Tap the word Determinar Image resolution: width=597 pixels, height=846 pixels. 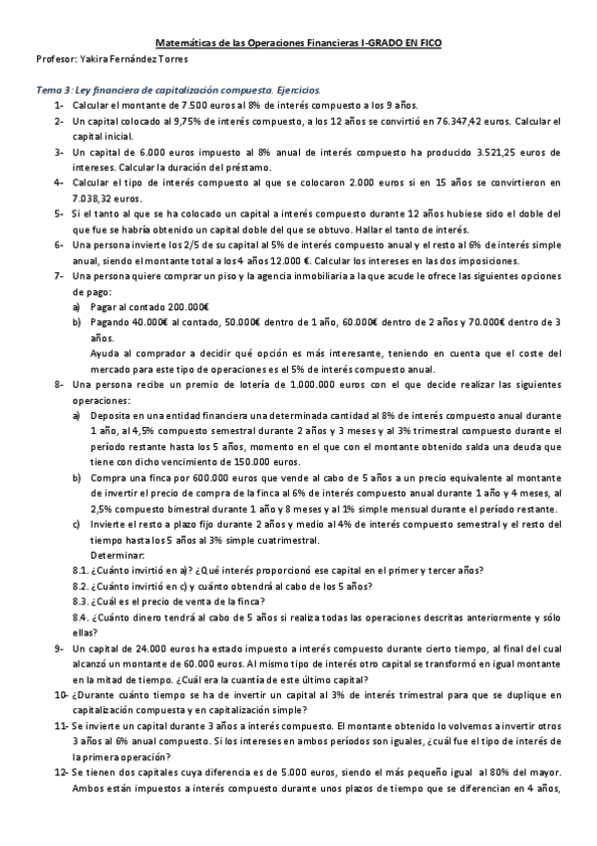(x=118, y=555)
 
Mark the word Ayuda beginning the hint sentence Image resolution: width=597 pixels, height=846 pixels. (x=107, y=352)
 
